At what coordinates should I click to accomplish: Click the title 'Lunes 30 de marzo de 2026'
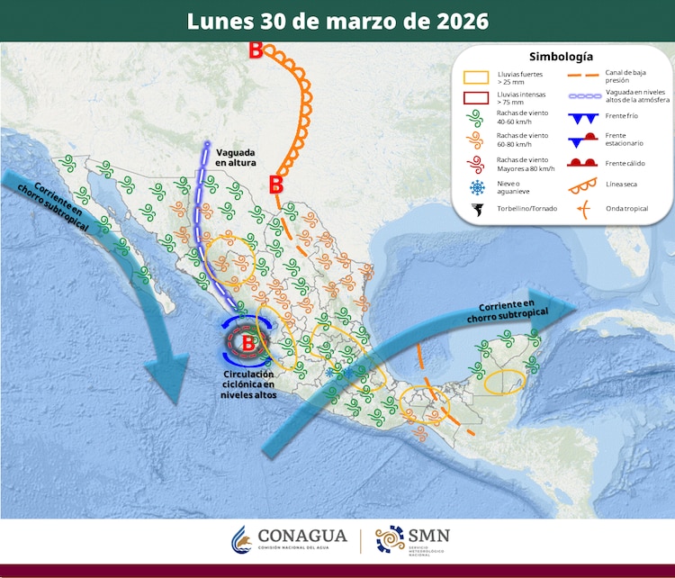click(337, 21)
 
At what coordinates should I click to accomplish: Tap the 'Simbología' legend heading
click(560, 56)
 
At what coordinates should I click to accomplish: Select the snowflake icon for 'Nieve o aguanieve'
click(476, 187)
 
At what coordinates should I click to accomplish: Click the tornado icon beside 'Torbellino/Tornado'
click(476, 210)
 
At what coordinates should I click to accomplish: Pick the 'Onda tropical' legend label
click(627, 209)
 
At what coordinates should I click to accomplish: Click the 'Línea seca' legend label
click(622, 185)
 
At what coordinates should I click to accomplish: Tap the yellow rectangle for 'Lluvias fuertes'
click(476, 78)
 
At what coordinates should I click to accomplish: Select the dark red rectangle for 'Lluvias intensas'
click(476, 97)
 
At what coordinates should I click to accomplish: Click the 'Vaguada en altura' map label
click(236, 157)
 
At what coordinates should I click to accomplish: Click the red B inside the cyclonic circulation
click(248, 341)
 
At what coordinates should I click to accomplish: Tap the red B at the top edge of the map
click(256, 51)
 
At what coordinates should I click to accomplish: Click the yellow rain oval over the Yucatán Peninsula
click(503, 382)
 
